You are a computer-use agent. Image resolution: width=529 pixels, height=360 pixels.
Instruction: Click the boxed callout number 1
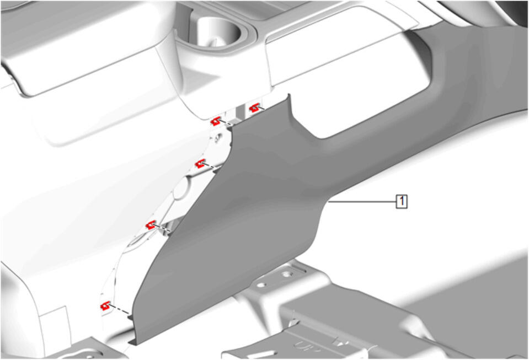[x=402, y=202]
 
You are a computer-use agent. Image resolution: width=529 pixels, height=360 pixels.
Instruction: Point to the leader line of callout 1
[x=362, y=202]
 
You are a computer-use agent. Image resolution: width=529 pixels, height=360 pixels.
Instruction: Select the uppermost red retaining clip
[x=254, y=108]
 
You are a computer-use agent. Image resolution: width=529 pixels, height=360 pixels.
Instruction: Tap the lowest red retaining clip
[x=105, y=306]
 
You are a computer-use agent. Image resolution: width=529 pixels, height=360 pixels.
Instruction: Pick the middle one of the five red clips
[x=200, y=164]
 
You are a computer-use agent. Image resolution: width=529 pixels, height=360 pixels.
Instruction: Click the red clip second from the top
[x=216, y=121]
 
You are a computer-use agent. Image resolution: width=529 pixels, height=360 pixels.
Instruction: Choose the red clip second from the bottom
[x=151, y=225]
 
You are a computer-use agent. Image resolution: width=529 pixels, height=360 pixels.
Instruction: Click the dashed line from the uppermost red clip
[x=260, y=109]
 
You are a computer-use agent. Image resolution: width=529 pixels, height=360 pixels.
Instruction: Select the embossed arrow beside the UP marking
[x=341, y=342]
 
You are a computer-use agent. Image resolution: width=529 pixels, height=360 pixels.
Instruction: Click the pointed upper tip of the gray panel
[x=289, y=95]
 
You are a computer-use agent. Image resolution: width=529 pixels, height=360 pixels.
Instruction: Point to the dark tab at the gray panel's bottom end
[x=133, y=342]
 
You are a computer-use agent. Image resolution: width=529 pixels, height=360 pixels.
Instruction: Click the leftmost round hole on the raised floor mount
[x=261, y=285]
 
